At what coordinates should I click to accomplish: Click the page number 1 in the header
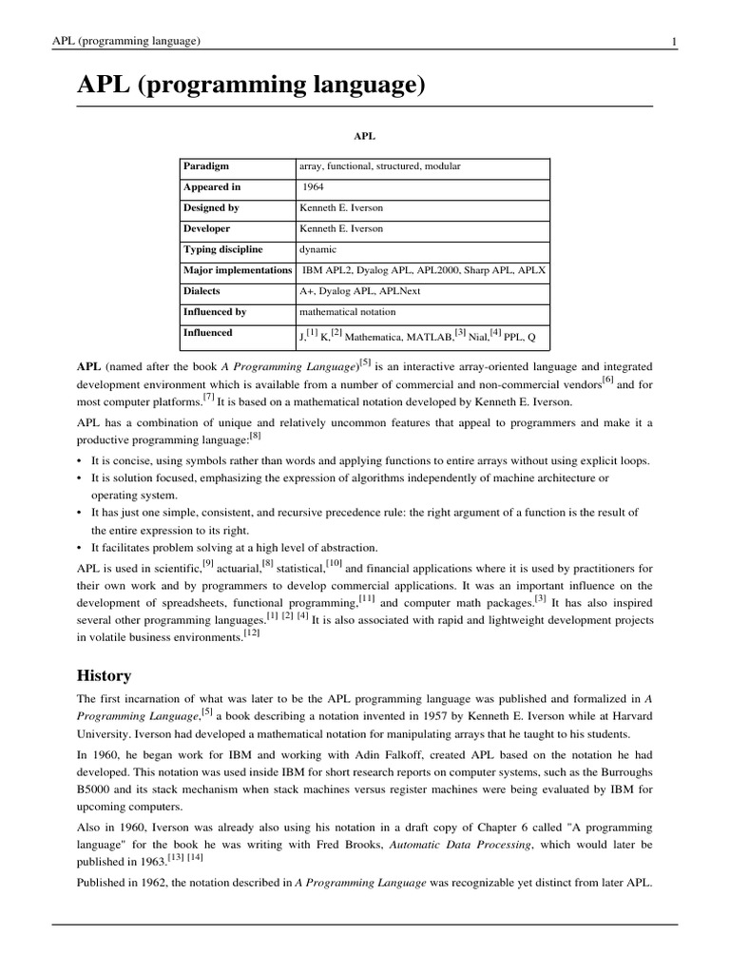tap(673, 41)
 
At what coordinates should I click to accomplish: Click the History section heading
tap(104, 675)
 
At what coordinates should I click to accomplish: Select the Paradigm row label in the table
tap(206, 166)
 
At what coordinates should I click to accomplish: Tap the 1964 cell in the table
tap(313, 187)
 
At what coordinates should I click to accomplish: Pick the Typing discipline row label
tap(223, 249)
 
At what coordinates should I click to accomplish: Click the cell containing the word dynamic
tap(317, 249)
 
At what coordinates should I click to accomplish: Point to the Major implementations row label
tap(238, 270)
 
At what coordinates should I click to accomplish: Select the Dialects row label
tap(202, 291)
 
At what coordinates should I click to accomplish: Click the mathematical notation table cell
tap(348, 312)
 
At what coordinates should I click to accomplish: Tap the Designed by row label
tap(211, 208)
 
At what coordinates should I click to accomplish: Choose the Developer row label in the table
tap(207, 229)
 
